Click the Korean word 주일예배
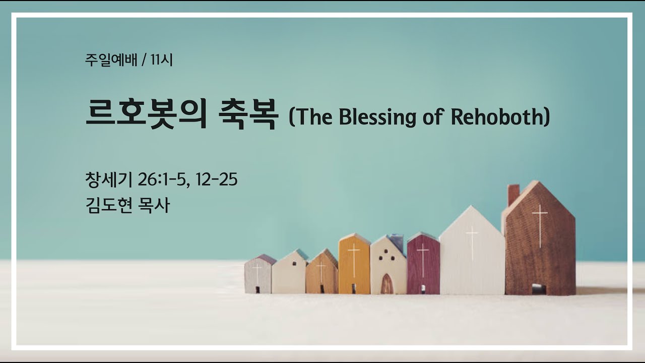(x=111, y=60)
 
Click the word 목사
(x=154, y=205)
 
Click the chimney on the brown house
(x=513, y=194)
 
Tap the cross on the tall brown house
(x=539, y=224)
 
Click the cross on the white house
(x=472, y=242)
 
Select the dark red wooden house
(x=423, y=265)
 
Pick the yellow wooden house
(x=354, y=265)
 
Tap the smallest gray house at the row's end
(x=258, y=275)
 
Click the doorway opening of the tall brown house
(x=539, y=289)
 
